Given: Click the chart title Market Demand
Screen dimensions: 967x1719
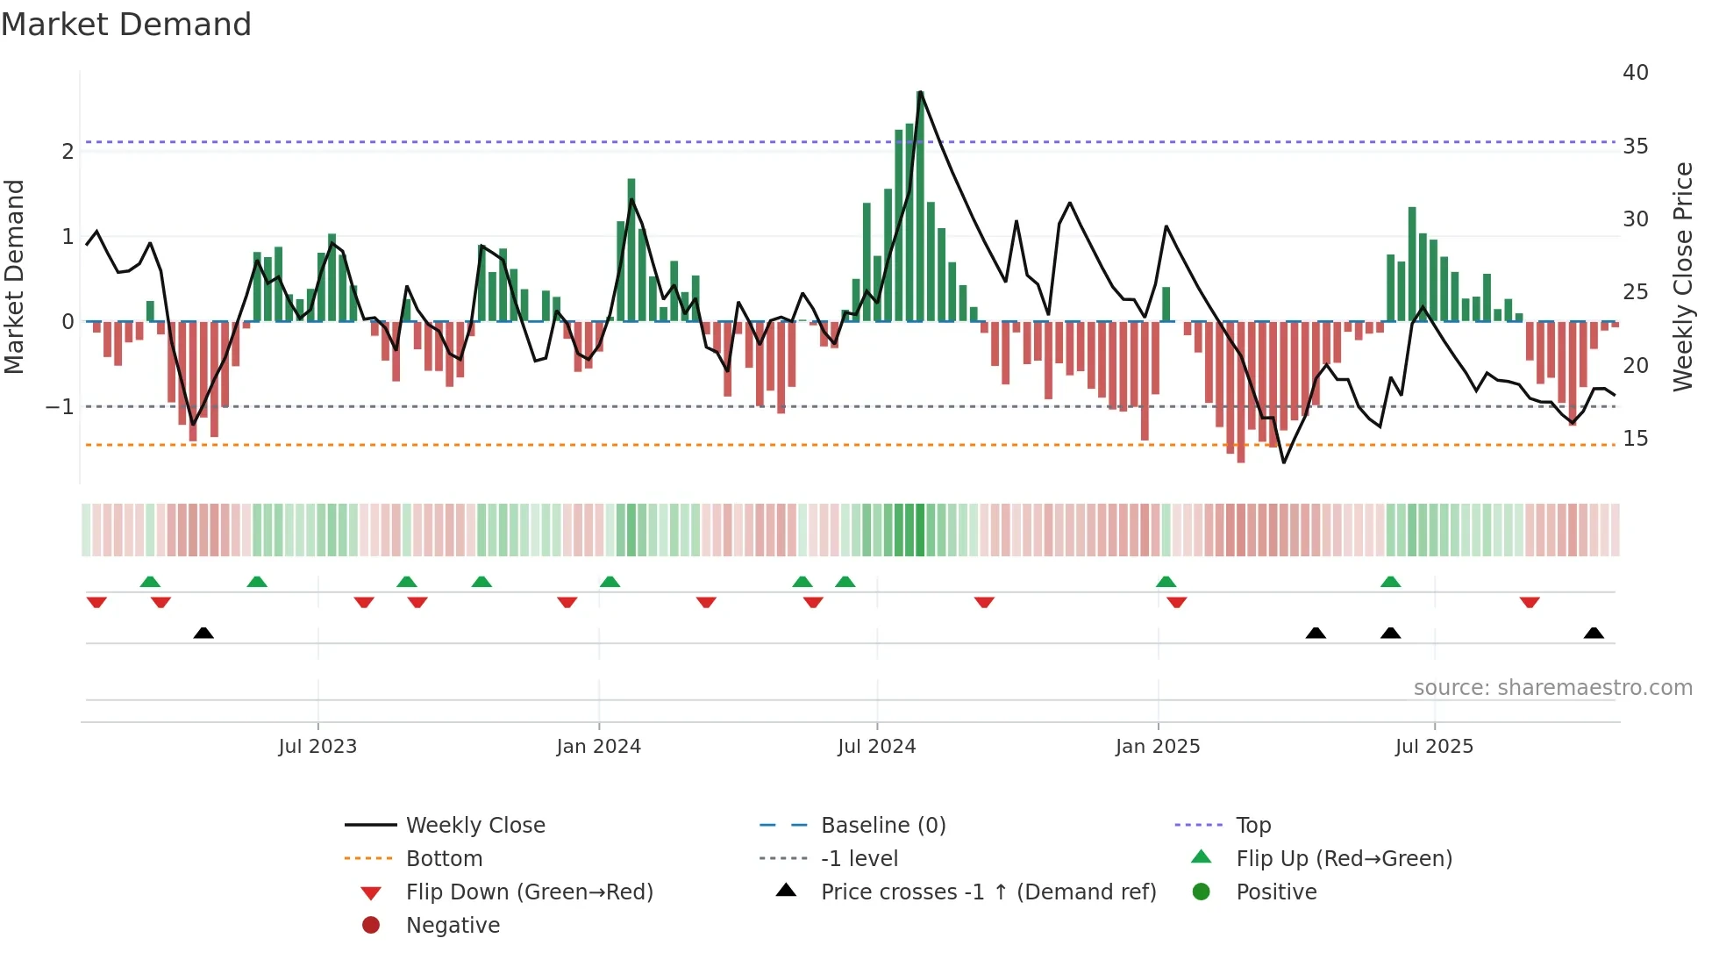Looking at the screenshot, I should click(x=126, y=24).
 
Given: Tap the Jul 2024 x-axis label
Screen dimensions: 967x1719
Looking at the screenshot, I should click(x=876, y=747).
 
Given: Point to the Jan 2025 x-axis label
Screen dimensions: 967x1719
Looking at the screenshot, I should click(x=1157, y=747).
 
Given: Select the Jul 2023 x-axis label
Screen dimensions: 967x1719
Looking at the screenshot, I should click(x=317, y=747).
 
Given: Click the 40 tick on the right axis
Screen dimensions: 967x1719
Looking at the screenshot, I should click(x=1635, y=73).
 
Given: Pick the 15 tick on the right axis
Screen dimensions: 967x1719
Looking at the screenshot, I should click(x=1635, y=438).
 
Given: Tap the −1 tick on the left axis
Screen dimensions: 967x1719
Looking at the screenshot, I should click(x=60, y=407).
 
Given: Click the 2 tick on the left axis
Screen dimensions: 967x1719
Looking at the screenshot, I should click(x=68, y=152).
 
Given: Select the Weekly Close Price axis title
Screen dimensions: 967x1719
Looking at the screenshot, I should click(x=1682, y=276).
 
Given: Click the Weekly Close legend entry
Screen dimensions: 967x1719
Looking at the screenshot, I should click(x=474, y=826).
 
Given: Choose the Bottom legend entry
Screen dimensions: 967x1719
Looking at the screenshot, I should click(x=444, y=859).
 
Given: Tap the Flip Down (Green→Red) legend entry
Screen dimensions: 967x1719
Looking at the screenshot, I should click(x=529, y=892).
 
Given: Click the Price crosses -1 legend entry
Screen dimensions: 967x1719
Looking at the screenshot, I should click(x=988, y=892).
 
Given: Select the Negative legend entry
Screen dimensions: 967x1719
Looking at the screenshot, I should click(x=453, y=926).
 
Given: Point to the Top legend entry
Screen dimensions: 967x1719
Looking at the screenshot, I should click(x=1253, y=826).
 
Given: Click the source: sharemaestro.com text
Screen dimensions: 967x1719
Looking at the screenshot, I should click(x=1552, y=688).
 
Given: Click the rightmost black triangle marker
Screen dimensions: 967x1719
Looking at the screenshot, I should click(x=1594, y=634).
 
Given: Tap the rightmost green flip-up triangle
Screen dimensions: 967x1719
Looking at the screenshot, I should click(x=1390, y=582).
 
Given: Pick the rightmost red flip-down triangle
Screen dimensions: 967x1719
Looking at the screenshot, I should click(x=1530, y=602).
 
